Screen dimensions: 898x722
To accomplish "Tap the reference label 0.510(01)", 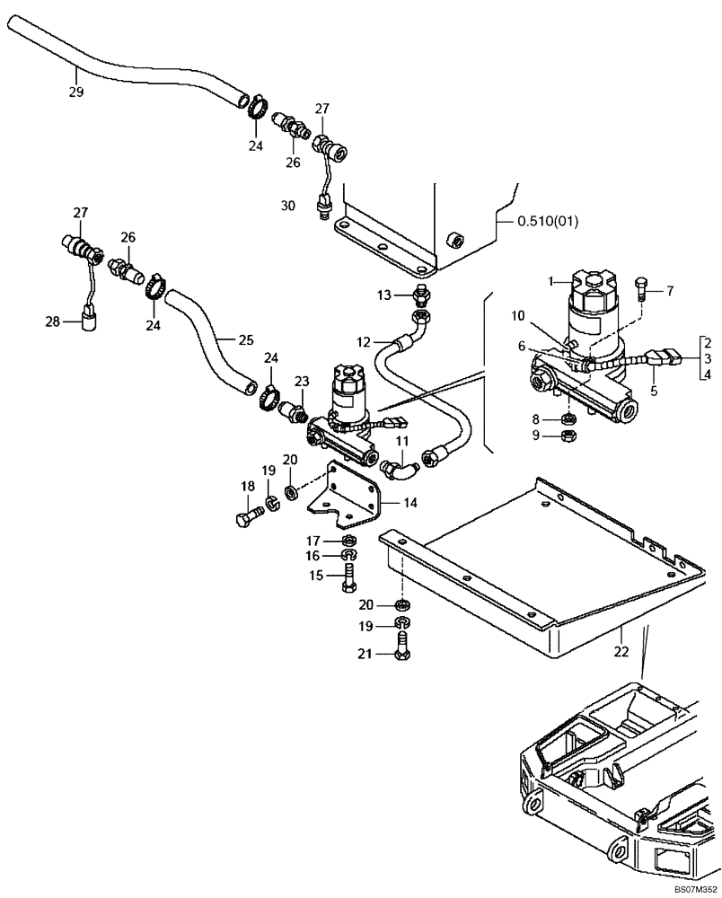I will [x=543, y=221].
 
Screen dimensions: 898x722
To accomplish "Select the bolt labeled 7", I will [x=638, y=287].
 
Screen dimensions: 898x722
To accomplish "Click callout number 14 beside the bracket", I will [x=409, y=503].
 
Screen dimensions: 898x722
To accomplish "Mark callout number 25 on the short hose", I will [x=246, y=340].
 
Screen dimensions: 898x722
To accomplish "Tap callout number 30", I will [x=287, y=206].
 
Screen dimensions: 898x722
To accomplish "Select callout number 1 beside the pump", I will [x=555, y=281].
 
